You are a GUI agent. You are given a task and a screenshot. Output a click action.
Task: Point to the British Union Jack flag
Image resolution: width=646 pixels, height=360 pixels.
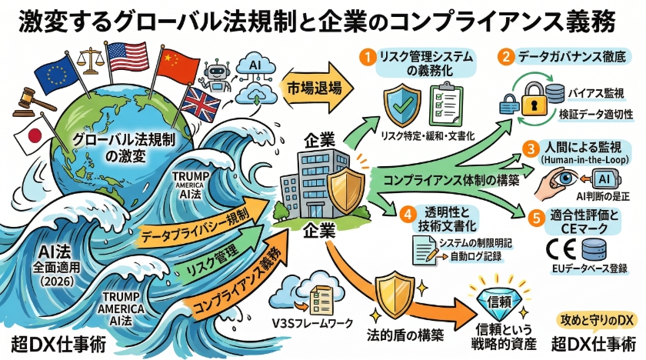coord(198,102)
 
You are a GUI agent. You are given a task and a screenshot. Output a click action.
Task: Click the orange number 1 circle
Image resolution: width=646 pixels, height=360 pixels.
coord(369,56)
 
